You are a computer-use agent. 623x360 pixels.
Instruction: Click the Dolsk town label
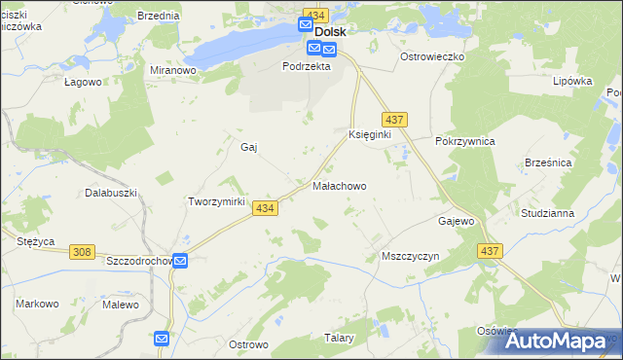pyautogui.click(x=330, y=31)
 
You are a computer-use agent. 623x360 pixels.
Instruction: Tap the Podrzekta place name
pyautogui.click(x=307, y=67)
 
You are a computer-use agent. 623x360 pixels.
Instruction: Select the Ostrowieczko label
pyautogui.click(x=432, y=57)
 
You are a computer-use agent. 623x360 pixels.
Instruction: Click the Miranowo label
pyautogui.click(x=174, y=71)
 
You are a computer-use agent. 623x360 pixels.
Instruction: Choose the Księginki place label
pyautogui.click(x=369, y=134)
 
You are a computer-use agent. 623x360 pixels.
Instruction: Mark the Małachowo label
pyautogui.click(x=340, y=185)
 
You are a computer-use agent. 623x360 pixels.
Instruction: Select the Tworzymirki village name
pyautogui.click(x=213, y=201)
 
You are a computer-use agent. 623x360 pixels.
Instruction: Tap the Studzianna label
pyautogui.click(x=573, y=212)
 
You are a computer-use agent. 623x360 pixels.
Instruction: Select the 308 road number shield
pyautogui.click(x=82, y=252)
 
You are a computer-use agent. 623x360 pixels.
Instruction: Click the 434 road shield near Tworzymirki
pyautogui.click(x=265, y=208)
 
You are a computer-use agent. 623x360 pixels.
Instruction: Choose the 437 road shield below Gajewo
pyautogui.click(x=489, y=251)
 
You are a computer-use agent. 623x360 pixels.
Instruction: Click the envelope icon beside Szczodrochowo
pyautogui.click(x=181, y=261)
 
